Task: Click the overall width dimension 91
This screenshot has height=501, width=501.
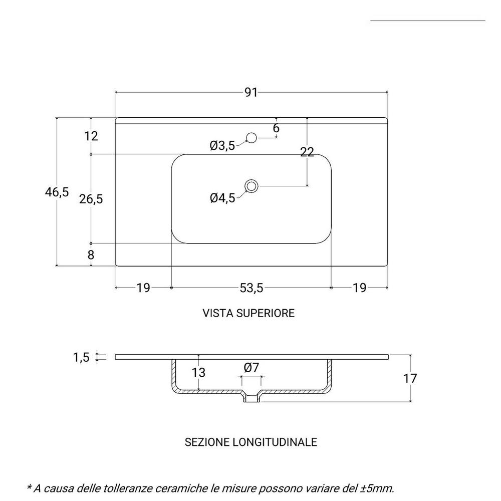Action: [251, 92]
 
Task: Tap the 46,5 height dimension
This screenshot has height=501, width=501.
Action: [57, 192]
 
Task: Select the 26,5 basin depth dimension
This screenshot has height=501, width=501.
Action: [91, 199]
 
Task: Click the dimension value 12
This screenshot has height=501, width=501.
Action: [91, 136]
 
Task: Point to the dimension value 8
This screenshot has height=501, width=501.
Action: [91, 255]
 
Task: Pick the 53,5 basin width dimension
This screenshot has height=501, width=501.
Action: [251, 288]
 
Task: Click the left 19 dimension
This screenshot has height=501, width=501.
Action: [143, 288]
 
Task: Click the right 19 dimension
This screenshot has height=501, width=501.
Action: [359, 288]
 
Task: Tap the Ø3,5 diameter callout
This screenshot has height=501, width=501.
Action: [222, 146]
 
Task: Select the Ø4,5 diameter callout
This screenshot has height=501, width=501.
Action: [222, 198]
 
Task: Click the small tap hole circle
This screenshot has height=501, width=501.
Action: [252, 137]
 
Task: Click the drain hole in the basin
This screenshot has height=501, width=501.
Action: [252, 186]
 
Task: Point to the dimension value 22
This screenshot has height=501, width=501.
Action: [307, 153]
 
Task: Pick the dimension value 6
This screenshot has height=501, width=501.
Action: [276, 128]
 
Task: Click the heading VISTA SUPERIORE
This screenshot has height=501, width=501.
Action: [248, 313]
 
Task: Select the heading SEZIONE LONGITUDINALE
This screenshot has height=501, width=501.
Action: [251, 442]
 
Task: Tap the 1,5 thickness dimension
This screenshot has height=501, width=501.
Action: [81, 357]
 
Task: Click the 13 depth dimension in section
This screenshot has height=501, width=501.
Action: [198, 372]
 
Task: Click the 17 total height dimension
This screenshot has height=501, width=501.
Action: [410, 378]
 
